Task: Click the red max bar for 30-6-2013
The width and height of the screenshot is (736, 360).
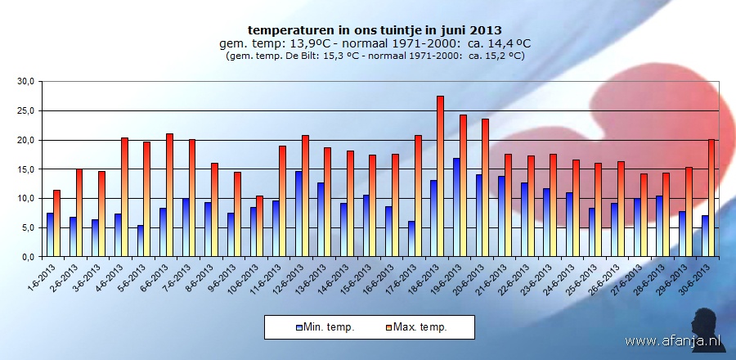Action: pos(711,197)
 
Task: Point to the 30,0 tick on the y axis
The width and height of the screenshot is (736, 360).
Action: pos(26,82)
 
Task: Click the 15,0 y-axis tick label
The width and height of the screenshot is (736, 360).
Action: pos(26,169)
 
